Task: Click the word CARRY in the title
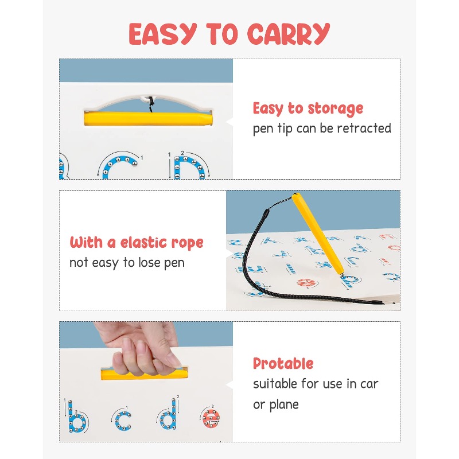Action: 289,34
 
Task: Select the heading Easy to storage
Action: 308,109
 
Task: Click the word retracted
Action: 364,128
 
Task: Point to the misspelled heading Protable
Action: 283,364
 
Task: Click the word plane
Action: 284,405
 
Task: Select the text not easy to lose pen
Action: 127,263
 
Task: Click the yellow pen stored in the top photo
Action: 148,119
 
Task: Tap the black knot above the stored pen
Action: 151,104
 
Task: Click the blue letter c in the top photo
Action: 119,167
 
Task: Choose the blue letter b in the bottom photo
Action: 77,417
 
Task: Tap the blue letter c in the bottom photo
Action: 123,421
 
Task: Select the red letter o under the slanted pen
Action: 306,283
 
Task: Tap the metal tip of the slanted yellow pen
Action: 341,275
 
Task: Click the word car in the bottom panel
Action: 369,384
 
